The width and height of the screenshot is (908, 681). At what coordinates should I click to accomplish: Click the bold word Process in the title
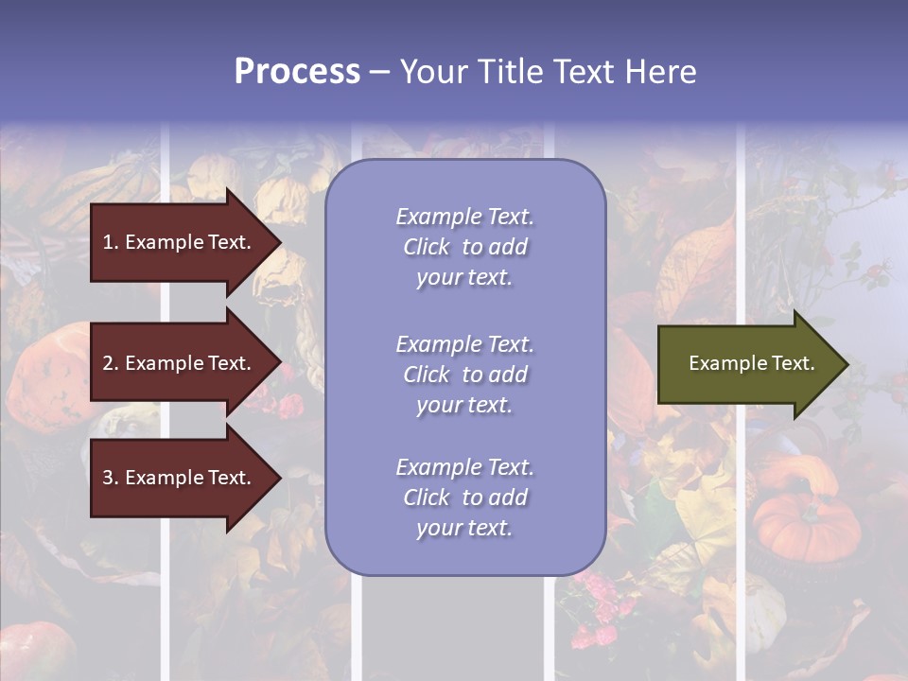(x=297, y=72)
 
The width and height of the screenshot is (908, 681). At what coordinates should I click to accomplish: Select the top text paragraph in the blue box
(x=464, y=247)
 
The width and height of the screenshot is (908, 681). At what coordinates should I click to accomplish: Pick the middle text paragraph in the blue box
(x=464, y=375)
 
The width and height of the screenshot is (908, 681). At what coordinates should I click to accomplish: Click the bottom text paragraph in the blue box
(x=464, y=498)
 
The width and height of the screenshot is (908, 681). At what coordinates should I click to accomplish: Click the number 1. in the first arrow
(x=111, y=242)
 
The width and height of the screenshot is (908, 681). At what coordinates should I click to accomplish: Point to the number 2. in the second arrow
(x=111, y=363)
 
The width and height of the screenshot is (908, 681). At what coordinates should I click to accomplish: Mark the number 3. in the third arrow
(x=111, y=478)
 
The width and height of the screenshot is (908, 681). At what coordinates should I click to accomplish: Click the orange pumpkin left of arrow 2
(x=47, y=374)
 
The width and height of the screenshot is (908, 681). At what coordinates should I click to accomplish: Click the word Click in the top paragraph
(x=427, y=247)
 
